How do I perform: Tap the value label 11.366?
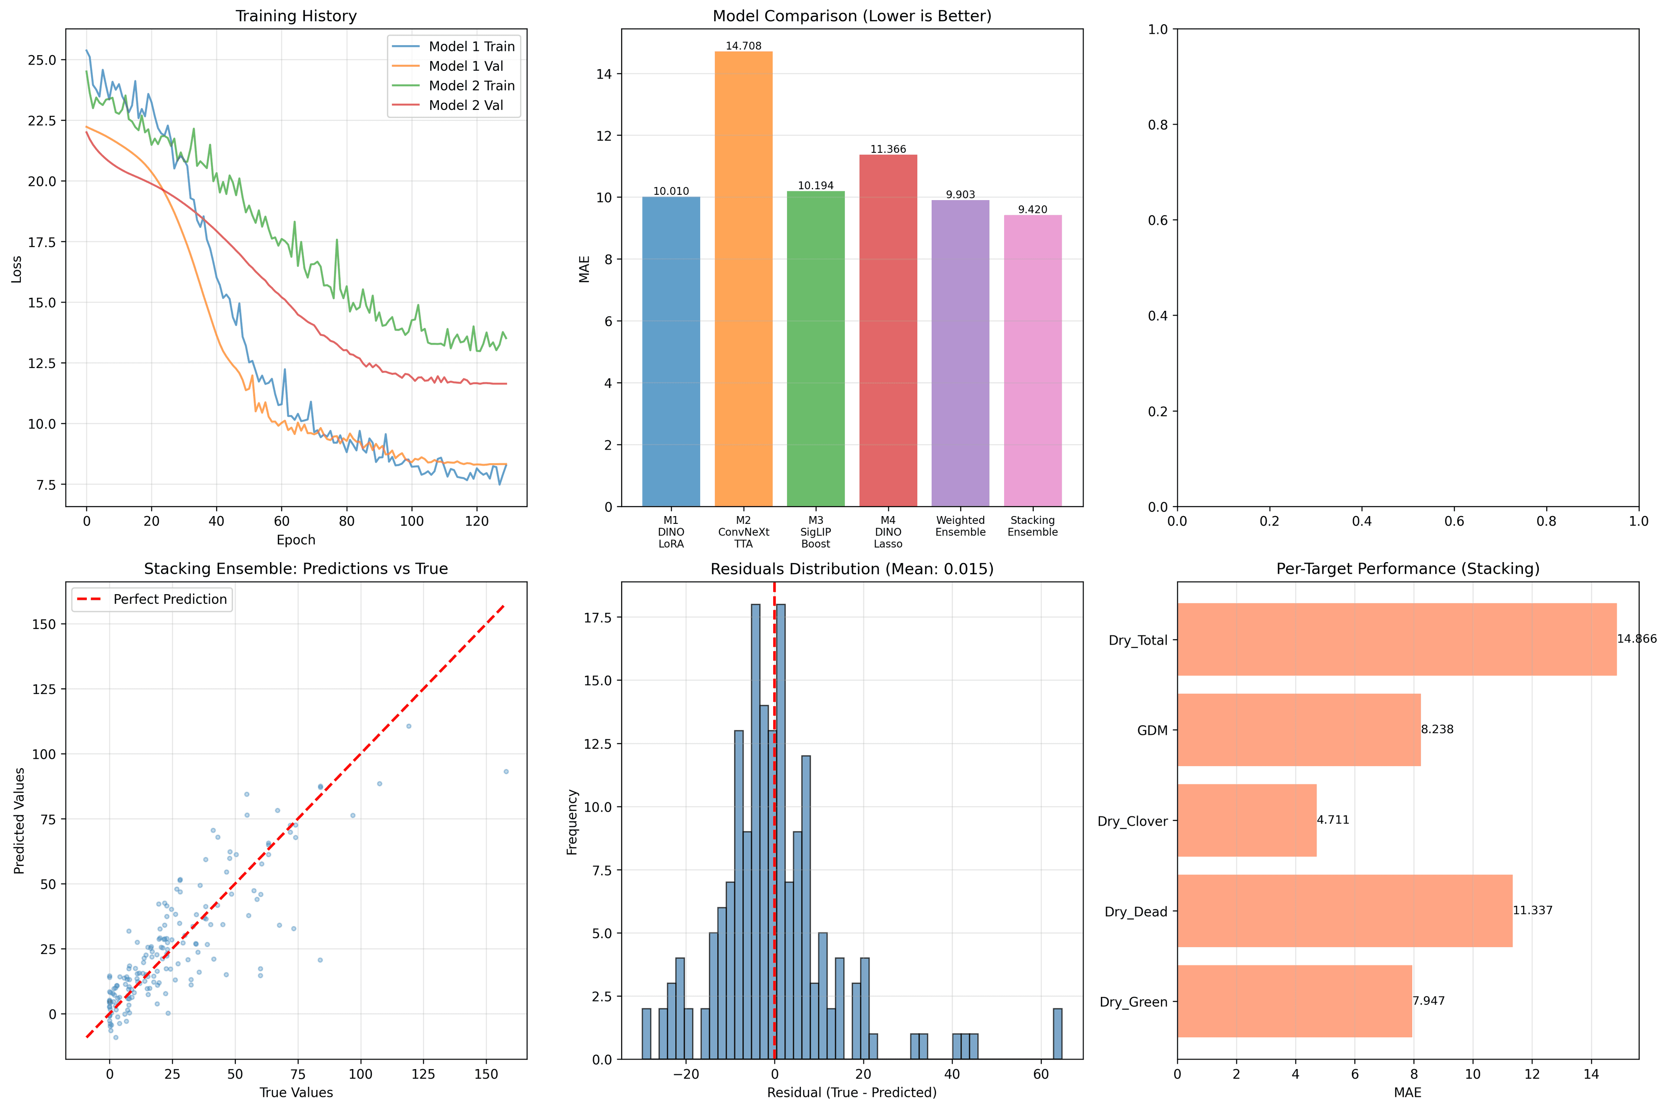(888, 149)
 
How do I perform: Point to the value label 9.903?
(960, 194)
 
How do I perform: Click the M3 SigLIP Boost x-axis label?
(815, 532)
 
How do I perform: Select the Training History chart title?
(296, 16)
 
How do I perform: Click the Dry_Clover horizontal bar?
(1246, 820)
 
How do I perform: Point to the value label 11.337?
(1532, 910)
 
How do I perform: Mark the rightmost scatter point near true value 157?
(506, 772)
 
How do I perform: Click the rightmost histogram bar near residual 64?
(1058, 1033)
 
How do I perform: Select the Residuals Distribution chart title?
(852, 569)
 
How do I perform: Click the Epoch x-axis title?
(296, 540)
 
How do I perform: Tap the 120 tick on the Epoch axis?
(477, 521)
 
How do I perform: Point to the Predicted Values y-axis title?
(19, 820)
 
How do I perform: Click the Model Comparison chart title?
(852, 16)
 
